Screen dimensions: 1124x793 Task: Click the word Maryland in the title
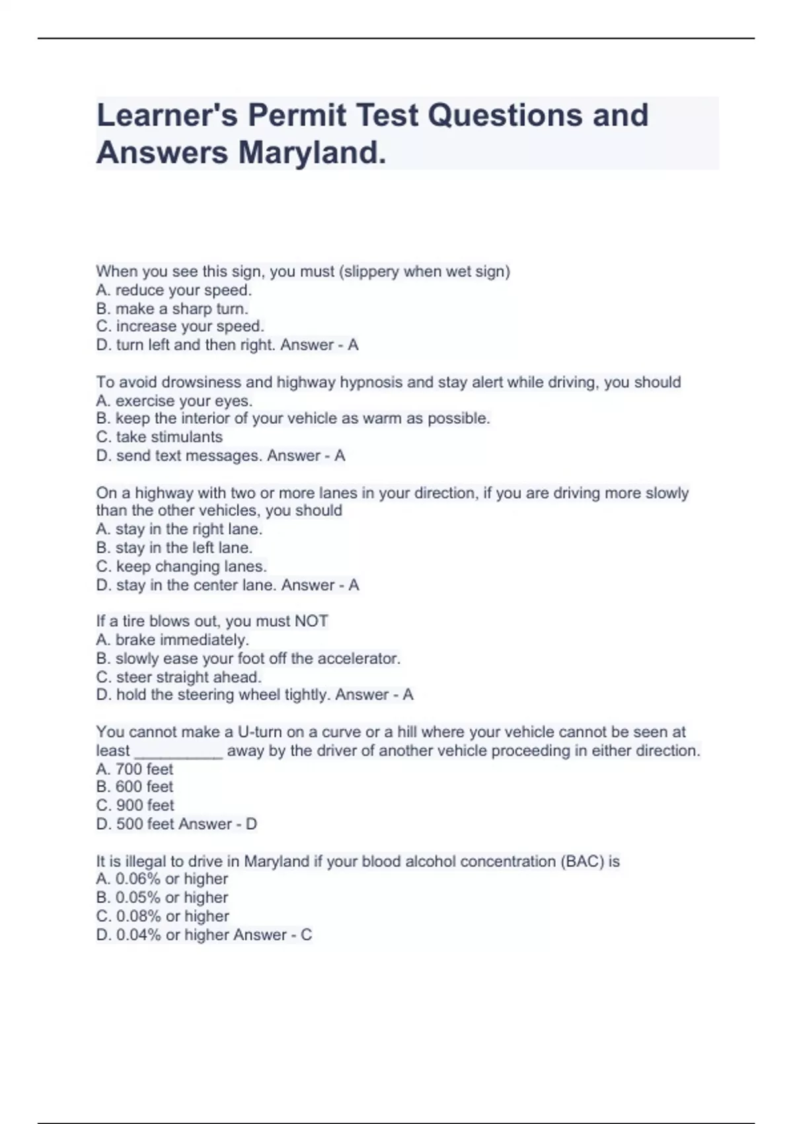(311, 153)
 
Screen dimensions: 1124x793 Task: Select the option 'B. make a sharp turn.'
(172, 309)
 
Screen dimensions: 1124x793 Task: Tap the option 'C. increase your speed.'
(180, 327)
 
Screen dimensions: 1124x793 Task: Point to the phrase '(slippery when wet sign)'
(424, 272)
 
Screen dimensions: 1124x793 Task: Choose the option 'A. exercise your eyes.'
(174, 401)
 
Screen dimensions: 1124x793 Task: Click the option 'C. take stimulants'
(159, 437)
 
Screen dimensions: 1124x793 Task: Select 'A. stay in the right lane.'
(179, 529)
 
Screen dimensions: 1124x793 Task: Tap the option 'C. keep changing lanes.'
(181, 567)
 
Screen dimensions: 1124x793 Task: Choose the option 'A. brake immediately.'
(172, 640)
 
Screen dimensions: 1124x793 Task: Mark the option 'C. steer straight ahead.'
(179, 677)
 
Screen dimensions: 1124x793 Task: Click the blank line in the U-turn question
(178, 752)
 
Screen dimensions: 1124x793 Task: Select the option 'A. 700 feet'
(135, 769)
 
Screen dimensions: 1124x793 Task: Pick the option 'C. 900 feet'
(135, 805)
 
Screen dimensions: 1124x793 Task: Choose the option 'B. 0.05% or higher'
(162, 897)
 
